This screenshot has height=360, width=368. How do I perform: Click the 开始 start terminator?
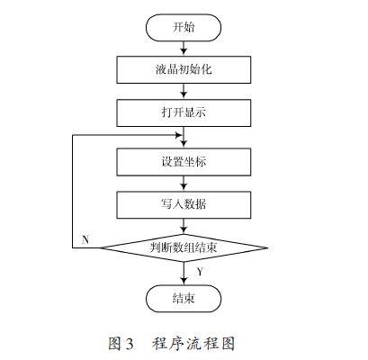(x=184, y=27)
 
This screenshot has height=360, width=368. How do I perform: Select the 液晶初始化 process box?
(x=184, y=69)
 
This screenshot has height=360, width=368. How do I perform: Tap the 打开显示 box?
(x=184, y=112)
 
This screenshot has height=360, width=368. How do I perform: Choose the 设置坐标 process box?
(x=184, y=162)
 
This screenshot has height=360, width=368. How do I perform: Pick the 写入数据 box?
(x=184, y=205)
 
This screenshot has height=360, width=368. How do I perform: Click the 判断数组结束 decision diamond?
(x=184, y=247)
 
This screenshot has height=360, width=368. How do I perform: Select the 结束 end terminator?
(x=184, y=299)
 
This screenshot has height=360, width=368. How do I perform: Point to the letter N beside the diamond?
(x=85, y=239)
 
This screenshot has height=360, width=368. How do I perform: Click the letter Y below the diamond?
(x=200, y=272)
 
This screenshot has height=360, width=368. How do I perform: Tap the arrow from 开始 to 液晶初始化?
(x=184, y=49)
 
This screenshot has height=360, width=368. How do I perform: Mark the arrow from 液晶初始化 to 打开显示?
(x=184, y=91)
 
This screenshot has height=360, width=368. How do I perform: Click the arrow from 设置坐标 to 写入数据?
(x=184, y=184)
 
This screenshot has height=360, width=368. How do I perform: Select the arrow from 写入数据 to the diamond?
(x=184, y=226)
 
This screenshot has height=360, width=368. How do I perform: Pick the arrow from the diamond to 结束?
(x=184, y=274)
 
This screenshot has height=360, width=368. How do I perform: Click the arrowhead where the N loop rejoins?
(x=178, y=135)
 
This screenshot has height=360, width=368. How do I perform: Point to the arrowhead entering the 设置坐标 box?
(x=184, y=145)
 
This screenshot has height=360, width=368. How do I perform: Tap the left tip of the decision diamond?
(x=100, y=247)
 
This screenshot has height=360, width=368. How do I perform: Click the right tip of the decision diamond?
(x=267, y=247)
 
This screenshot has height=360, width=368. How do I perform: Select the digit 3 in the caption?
(x=129, y=344)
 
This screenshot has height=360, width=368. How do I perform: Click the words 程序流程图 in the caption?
(x=193, y=344)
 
